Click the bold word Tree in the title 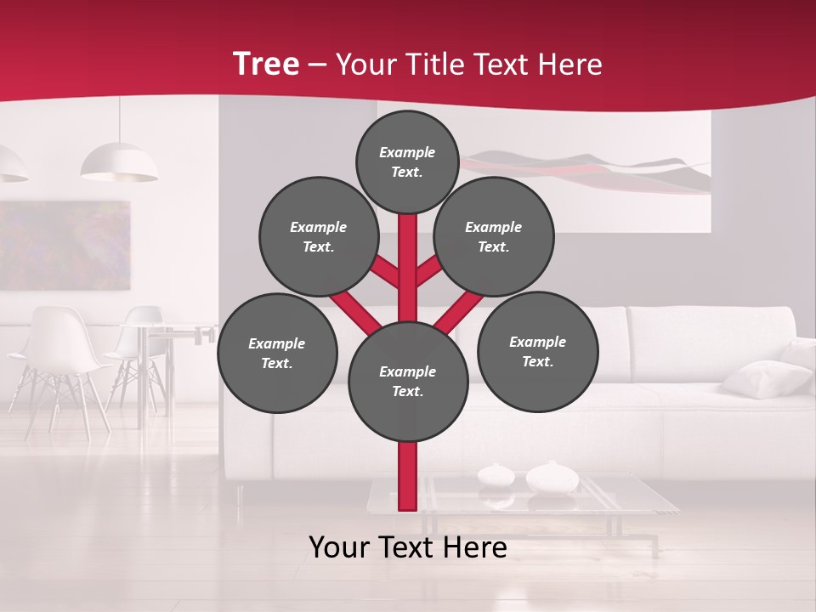point(266,64)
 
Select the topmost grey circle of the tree point(407,161)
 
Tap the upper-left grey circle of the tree point(319,237)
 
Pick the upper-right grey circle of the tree point(494,237)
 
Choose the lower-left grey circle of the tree point(277,354)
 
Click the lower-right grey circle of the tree point(538,352)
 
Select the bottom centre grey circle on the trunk point(408,382)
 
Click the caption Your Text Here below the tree point(408,548)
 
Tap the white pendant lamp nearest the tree point(119,163)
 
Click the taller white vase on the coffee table point(552,478)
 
